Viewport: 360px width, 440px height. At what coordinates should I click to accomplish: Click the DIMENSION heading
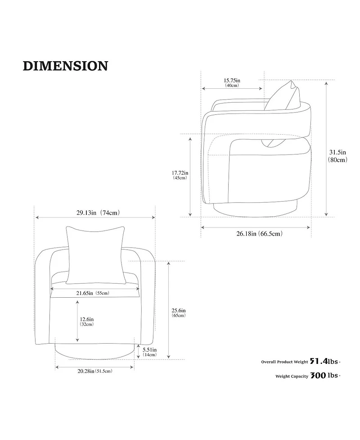click(x=65, y=66)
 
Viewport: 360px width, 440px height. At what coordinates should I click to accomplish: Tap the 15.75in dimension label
click(x=232, y=81)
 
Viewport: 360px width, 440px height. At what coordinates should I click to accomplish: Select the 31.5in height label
click(x=337, y=152)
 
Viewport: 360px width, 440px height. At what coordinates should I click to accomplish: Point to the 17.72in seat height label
click(x=180, y=173)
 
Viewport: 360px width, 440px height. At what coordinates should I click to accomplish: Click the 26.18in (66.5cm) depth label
click(x=259, y=233)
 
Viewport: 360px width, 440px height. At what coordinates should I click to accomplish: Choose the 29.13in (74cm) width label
click(x=98, y=213)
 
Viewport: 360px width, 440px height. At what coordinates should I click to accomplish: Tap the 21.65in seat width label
click(x=85, y=293)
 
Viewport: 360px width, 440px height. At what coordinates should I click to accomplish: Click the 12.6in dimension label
click(x=87, y=319)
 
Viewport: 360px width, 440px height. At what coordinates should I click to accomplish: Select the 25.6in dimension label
click(x=179, y=311)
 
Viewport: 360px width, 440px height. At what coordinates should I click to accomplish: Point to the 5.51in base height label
click(x=150, y=350)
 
